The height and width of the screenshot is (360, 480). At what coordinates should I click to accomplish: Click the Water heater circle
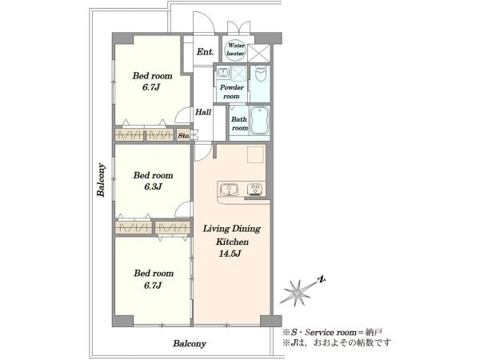[235, 50]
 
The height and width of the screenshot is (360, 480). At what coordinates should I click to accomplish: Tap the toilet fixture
[260, 74]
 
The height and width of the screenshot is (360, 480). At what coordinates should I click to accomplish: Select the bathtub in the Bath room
[259, 121]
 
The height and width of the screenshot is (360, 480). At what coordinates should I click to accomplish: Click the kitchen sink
[228, 189]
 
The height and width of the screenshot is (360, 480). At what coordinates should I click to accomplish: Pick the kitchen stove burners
[254, 189]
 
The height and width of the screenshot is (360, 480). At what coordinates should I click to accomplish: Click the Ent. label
[205, 52]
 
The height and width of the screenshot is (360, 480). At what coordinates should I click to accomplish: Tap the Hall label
[203, 112]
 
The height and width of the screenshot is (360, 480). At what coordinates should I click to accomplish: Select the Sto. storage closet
[184, 135]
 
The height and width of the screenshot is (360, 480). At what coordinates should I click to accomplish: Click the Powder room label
[232, 91]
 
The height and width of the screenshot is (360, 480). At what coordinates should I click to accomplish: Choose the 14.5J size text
[230, 254]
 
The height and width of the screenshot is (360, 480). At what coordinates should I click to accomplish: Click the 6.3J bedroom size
[153, 186]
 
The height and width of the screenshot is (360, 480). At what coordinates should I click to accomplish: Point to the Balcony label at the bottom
[190, 343]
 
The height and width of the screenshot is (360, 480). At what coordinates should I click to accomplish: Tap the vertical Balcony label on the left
[101, 180]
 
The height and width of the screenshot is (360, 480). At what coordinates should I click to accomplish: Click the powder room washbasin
[223, 73]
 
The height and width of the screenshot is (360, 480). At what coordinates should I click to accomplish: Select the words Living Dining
[232, 229]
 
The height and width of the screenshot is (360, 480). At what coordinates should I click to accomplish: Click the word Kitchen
[232, 242]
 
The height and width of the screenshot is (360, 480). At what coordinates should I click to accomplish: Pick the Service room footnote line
[332, 332]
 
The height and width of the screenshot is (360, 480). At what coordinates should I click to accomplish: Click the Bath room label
[239, 123]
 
